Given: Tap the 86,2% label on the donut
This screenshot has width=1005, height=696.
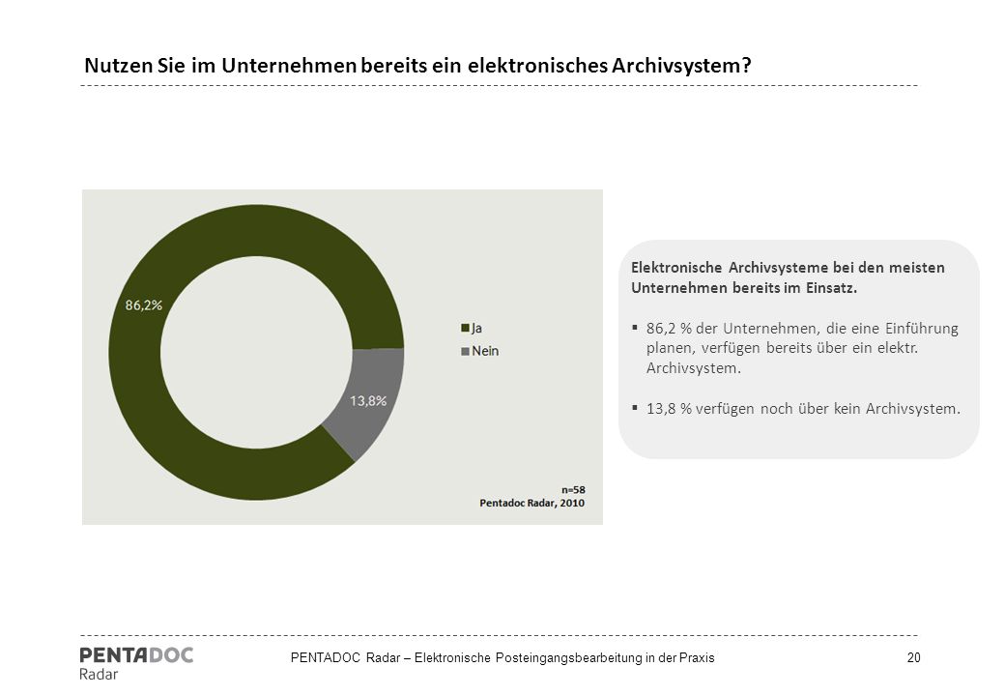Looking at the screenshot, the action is point(144,305).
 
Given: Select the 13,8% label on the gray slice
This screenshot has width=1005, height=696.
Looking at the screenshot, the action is point(368,400).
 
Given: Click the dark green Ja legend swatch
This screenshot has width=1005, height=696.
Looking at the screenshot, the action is point(465,328).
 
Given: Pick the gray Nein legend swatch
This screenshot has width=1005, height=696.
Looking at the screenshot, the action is point(465,351).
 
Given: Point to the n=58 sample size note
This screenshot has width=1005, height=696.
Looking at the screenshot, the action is point(573,490).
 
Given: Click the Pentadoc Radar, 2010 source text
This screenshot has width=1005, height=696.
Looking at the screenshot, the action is point(532,503).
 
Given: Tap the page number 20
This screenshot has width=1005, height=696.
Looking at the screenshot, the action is point(913,657).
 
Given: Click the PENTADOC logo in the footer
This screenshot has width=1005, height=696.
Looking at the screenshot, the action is point(136,655).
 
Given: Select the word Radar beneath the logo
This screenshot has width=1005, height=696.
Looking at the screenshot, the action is point(99,674).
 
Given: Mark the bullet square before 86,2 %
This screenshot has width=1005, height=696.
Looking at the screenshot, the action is point(635,327).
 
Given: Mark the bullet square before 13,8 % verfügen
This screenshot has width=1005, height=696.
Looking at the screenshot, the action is point(635,407).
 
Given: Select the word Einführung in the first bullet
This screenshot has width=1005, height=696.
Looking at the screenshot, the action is point(922,329).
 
